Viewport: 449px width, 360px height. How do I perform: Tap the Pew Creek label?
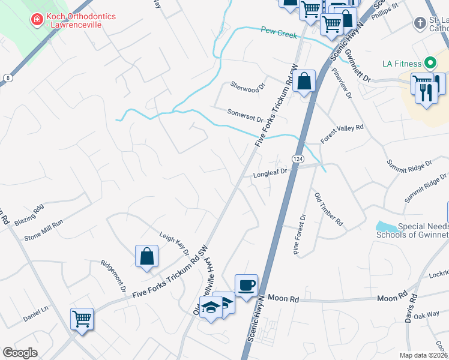[x=279, y=33]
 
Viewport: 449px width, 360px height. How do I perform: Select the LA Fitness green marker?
[x=430, y=63]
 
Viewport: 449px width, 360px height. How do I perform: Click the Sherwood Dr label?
[x=247, y=88]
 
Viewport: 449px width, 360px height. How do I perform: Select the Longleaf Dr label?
[x=270, y=173]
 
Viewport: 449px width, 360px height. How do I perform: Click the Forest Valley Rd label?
[x=342, y=133]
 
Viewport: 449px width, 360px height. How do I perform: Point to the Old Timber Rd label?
[x=329, y=209]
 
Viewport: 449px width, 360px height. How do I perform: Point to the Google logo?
[x=20, y=353]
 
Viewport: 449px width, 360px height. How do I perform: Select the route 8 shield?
[x=6, y=77]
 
